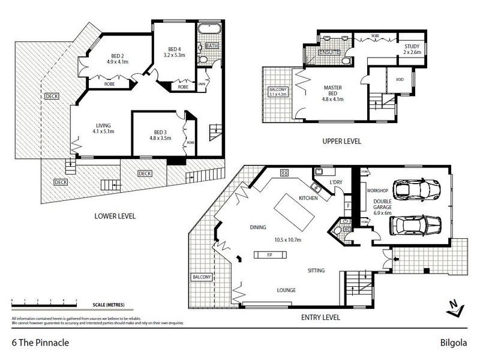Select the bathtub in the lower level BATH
tap(212, 30)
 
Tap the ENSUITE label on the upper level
tap(329, 52)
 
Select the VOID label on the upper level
tap(400, 79)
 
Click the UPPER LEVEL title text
tap(341, 142)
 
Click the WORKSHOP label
tap(377, 190)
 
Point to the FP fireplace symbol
tap(269, 254)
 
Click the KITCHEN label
tap(308, 197)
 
